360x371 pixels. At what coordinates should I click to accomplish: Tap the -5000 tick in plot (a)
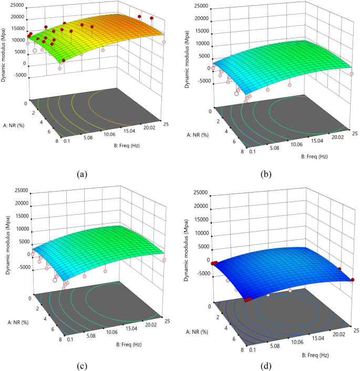(x=19, y=75)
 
